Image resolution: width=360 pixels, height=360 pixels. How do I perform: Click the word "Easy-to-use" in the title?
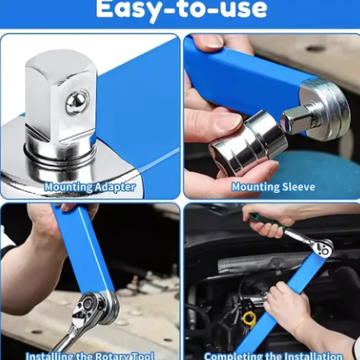pyautogui.click(x=181, y=10)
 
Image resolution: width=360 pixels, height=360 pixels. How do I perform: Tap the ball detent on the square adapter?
pyautogui.click(x=74, y=102)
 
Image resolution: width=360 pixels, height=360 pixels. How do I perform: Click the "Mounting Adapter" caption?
pyautogui.click(x=90, y=186)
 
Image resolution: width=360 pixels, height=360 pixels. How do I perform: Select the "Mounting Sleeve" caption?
pyautogui.click(x=273, y=186)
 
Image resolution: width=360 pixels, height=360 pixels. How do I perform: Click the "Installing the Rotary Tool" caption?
pyautogui.click(x=90, y=354)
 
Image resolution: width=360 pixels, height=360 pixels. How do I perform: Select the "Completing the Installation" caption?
pyautogui.click(x=273, y=354)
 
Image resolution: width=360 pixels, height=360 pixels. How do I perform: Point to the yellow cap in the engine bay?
pyautogui.click(x=250, y=317)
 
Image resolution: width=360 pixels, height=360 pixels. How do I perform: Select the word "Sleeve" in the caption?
pyautogui.click(x=296, y=186)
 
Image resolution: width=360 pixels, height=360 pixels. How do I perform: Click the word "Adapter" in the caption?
pyautogui.click(x=113, y=186)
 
